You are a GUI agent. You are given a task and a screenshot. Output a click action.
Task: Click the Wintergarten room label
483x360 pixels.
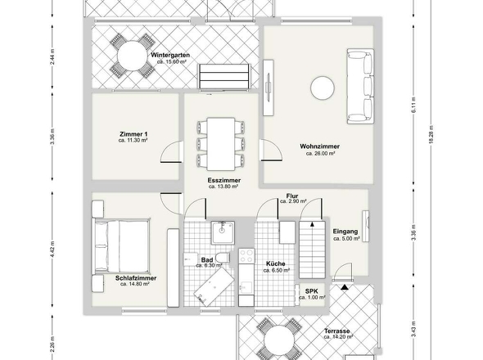(170, 55)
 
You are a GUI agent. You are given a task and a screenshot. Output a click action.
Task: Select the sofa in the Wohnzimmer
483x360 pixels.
(359, 86)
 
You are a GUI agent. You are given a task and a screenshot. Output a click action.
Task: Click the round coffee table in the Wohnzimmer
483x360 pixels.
(320, 86)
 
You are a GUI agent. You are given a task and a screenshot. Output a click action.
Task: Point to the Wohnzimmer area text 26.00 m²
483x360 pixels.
(322, 153)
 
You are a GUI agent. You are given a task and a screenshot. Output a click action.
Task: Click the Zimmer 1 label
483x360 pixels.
(133, 133)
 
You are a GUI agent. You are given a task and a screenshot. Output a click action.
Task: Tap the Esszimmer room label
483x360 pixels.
(223, 179)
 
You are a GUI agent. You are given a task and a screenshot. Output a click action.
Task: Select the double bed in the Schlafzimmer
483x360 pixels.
(121, 246)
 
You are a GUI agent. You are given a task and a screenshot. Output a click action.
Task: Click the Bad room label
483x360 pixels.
(206, 259)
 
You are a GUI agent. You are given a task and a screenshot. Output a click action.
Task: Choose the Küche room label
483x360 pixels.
(275, 263)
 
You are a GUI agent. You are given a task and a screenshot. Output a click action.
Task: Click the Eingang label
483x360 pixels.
(345, 232)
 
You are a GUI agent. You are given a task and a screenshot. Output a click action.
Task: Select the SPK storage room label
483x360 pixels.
(312, 290)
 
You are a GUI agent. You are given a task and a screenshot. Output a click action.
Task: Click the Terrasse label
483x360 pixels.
(336, 331)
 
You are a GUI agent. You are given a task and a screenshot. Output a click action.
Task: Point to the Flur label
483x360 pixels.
(291, 196)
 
